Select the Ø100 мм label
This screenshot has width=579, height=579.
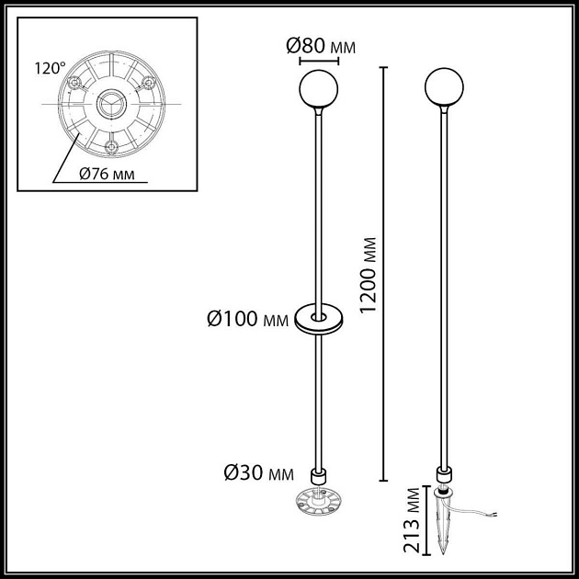tap(244, 320)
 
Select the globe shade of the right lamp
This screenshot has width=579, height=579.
tap(444, 89)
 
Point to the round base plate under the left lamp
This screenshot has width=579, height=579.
tap(318, 504)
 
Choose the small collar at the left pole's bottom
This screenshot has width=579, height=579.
tap(319, 476)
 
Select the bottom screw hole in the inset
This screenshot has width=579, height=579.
tap(111, 146)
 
